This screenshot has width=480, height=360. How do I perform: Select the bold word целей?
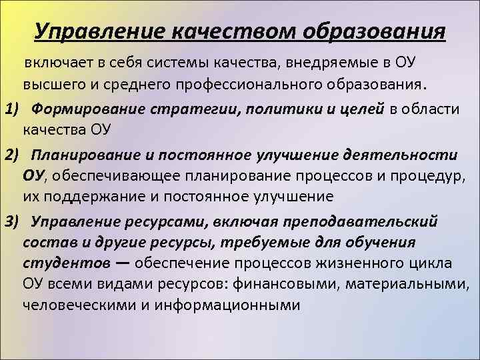click(x=358, y=109)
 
